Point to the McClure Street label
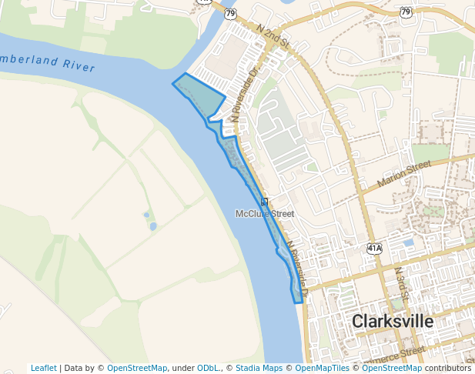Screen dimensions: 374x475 click(x=265, y=213)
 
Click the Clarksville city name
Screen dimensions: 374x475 click(x=393, y=322)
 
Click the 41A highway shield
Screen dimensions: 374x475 click(x=374, y=249)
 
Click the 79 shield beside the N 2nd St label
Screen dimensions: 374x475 click(x=231, y=13)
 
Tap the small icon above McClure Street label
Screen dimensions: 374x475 click(x=264, y=202)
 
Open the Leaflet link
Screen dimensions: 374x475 click(x=43, y=368)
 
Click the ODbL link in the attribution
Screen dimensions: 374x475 click(x=209, y=368)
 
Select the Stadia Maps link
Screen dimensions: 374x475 click(x=259, y=368)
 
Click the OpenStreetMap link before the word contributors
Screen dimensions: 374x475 click(x=392, y=368)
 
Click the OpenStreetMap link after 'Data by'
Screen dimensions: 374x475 click(x=137, y=368)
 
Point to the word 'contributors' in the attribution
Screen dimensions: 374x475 click(x=447, y=368)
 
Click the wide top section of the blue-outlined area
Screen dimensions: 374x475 click(x=200, y=96)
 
